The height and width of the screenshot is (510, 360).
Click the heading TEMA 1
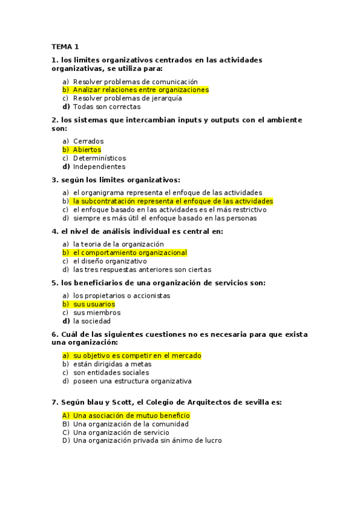pyautogui.click(x=65, y=46)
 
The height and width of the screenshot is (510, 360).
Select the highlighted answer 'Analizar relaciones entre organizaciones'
pyautogui.click(x=140, y=90)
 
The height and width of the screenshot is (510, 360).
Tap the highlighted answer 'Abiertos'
pyautogui.click(x=87, y=150)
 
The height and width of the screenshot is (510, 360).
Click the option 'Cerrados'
pyautogui.click(x=88, y=141)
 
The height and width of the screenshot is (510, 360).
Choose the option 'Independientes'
pyautogui.click(x=99, y=167)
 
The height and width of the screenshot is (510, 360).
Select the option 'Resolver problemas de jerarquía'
pyautogui.click(x=127, y=98)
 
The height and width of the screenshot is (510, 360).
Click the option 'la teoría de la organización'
pyautogui.click(x=118, y=244)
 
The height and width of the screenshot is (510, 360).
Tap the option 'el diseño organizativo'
pyautogui.click(x=109, y=261)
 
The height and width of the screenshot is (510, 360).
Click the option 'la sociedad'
pyautogui.click(x=91, y=321)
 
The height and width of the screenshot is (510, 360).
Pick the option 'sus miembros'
pyautogui.click(x=97, y=313)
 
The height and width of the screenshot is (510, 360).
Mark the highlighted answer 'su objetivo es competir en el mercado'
pyautogui.click(x=136, y=355)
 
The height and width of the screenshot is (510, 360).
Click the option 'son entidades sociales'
pyautogui.click(x=111, y=372)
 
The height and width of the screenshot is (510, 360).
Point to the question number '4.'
pyautogui.click(x=55, y=231)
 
